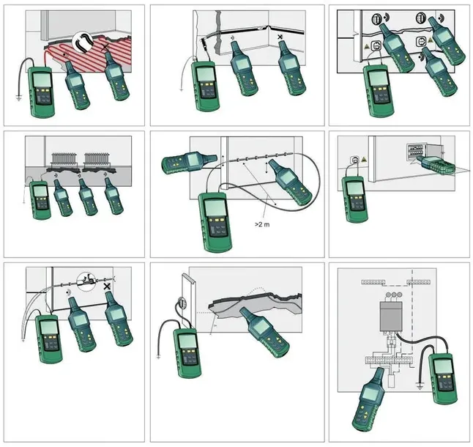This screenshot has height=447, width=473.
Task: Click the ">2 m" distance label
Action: tap(262, 224)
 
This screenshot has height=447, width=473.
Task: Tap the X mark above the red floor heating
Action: tap(105, 47)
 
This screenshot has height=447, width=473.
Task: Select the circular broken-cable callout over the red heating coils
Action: tap(83, 42)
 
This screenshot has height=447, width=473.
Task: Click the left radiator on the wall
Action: tap(64, 158)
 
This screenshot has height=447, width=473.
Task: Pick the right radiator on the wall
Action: tap(96, 158)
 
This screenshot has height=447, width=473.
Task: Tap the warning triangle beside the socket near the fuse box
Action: tap(364, 159)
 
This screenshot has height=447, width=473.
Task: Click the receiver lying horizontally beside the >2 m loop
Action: tap(189, 162)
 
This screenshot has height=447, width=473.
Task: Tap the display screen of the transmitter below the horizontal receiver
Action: tap(215, 209)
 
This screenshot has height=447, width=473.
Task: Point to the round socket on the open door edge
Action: tap(182, 302)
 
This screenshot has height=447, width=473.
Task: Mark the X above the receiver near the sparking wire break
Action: tap(107, 287)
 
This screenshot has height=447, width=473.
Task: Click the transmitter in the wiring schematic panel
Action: tap(443, 379)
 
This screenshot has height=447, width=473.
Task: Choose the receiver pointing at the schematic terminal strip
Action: tap(368, 399)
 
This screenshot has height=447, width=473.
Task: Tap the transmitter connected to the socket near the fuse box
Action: tap(355, 199)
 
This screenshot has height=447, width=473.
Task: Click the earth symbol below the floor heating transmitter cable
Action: tap(19, 97)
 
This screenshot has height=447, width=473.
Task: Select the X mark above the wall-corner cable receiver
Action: tap(280, 37)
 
